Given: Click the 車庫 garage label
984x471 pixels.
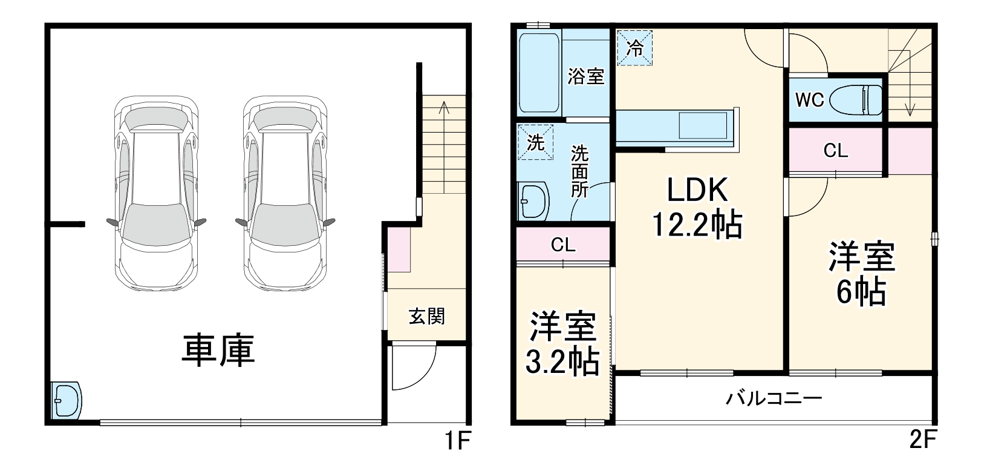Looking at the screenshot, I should click(x=218, y=351).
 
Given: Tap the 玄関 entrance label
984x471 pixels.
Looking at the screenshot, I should click(x=427, y=316).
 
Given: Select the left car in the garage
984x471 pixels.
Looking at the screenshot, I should click(x=156, y=194).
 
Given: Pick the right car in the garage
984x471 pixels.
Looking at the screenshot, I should click(x=285, y=194).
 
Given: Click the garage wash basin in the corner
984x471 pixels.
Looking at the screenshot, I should click(x=66, y=400).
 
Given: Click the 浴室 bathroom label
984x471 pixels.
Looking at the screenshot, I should click(x=586, y=77).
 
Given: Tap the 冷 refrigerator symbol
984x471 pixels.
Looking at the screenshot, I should click(x=634, y=48).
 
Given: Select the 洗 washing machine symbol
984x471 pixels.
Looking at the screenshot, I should click(x=535, y=142).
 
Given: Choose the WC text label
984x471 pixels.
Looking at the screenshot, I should click(x=810, y=100).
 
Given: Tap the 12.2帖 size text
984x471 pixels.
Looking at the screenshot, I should click(x=697, y=225).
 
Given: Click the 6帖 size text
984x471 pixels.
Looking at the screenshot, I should click(x=861, y=292).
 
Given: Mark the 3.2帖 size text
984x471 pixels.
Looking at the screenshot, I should click(x=562, y=363).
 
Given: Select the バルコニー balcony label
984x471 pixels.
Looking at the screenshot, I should click(x=774, y=398).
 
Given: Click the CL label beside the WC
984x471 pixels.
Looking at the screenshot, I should click(x=836, y=151).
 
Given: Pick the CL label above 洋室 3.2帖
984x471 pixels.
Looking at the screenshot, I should click(x=563, y=245).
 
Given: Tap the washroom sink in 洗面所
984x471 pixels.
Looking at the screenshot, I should click(x=533, y=200).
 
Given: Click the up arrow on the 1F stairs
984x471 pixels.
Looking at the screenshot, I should click(x=444, y=109).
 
